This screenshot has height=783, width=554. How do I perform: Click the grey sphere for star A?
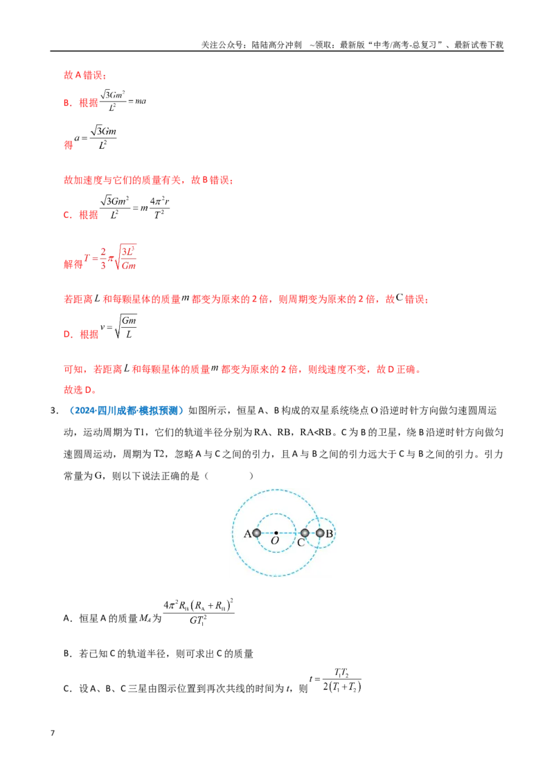pos(256,533)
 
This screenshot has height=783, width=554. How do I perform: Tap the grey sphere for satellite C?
pos(305,533)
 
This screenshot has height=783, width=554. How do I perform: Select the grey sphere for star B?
pos(320,533)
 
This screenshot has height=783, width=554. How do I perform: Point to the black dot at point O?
pos(276,533)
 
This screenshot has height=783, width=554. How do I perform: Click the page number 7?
pos(53,733)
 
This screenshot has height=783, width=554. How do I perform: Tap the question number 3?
pos(54,410)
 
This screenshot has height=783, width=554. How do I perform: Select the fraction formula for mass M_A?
pos(199,611)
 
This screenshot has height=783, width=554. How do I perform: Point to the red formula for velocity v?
pos(118,326)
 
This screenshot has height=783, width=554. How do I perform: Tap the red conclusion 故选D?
pos(80,389)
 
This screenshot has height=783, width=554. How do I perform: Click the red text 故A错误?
pos(85,75)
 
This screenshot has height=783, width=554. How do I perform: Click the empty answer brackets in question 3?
pos(229,476)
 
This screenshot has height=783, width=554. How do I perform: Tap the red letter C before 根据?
pos(67,215)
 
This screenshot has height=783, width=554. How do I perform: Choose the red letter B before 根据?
pos(67,103)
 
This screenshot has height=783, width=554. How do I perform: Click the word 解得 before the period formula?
pos(73,264)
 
